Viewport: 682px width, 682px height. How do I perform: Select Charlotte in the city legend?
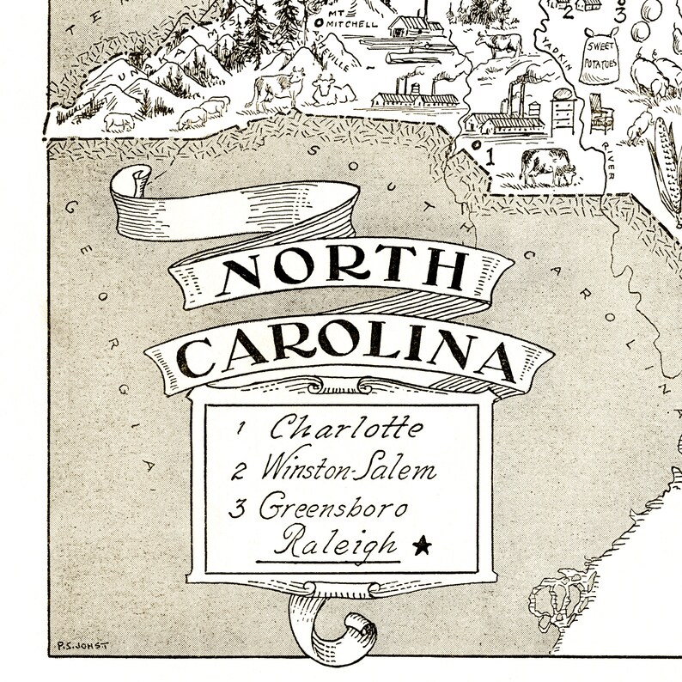(347, 427)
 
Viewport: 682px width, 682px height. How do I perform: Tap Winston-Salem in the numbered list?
(349, 471)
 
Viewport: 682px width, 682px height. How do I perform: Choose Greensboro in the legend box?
(333, 507)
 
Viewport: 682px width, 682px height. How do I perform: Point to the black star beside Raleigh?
(421, 545)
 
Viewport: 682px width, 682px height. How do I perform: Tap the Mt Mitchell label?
(353, 21)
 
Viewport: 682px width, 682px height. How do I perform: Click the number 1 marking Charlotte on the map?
(490, 157)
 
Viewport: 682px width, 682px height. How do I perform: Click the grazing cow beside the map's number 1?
(546, 165)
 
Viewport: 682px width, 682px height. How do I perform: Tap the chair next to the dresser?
(600, 114)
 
